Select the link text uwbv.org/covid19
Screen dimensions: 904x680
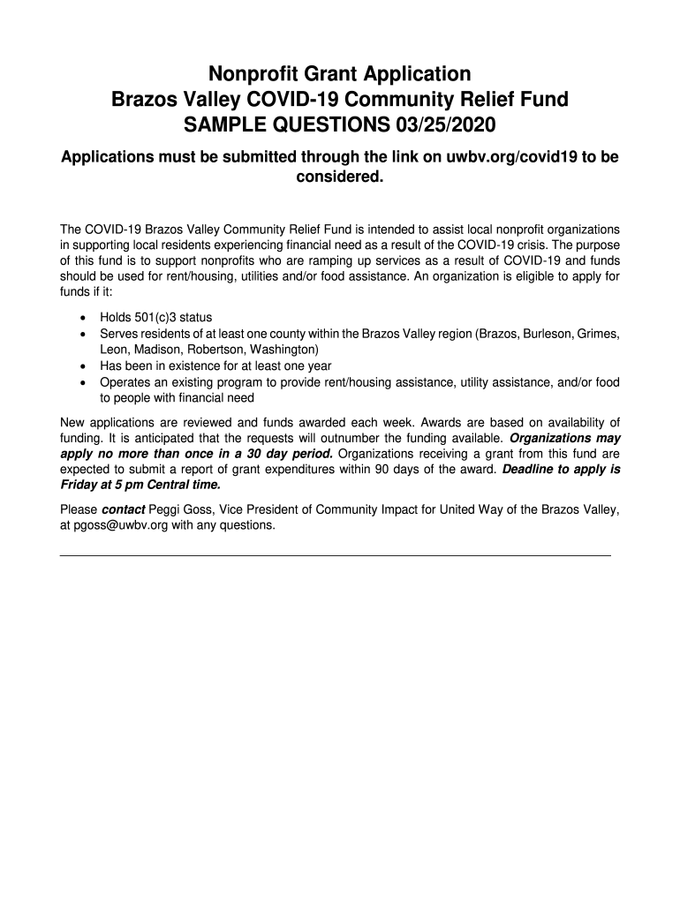[x=500, y=157]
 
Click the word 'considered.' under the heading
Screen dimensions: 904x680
[x=340, y=177]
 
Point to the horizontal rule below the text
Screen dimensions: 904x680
[x=335, y=555]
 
